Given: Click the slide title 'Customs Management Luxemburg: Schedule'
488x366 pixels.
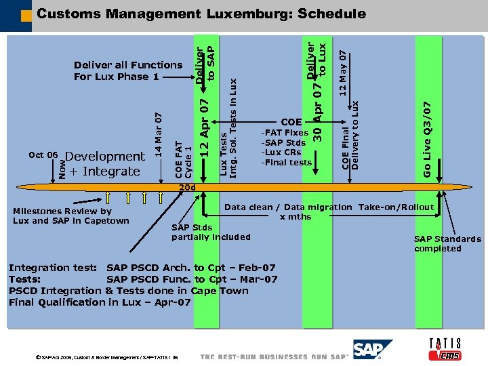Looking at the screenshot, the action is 201,14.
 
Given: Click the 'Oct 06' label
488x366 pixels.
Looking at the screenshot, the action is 43,155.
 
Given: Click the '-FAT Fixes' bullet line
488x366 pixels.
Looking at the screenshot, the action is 285,133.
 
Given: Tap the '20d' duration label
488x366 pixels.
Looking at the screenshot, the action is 186,187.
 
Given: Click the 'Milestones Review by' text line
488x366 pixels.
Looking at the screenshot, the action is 62,211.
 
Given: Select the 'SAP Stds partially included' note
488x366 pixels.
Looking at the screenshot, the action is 211,232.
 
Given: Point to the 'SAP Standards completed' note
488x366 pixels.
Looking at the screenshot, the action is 447,243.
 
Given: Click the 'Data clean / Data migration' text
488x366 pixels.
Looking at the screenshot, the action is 288,207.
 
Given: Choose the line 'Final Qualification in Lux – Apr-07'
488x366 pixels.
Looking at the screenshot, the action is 100,302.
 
